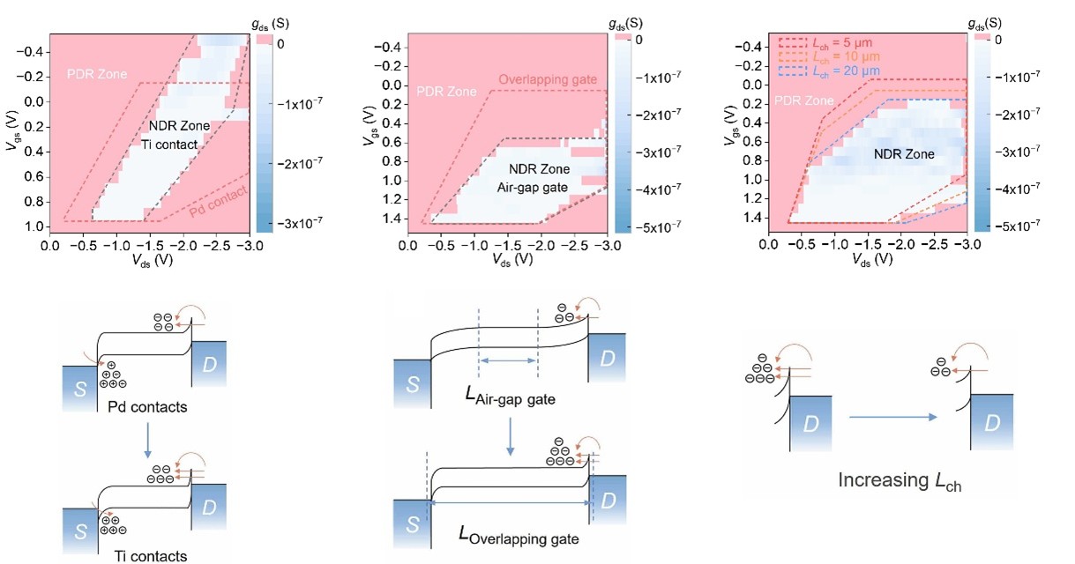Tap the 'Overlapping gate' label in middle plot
(548, 79)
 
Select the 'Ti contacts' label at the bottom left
(151, 556)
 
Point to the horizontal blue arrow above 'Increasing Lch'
(892, 416)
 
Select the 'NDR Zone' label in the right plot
(903, 154)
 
